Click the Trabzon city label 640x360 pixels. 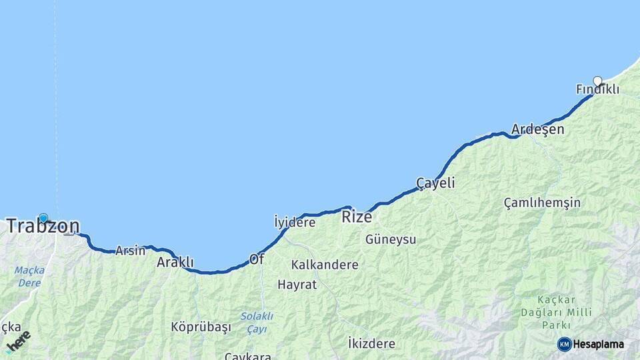point(43,227)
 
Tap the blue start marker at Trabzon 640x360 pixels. point(43,218)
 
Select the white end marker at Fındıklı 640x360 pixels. point(597,81)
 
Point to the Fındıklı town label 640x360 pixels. point(597,90)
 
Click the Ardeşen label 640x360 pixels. point(537,129)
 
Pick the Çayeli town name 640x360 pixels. point(435,183)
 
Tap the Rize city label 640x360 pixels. point(357,217)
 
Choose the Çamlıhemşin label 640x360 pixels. point(542,203)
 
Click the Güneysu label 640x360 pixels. point(391,239)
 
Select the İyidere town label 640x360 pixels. point(295,222)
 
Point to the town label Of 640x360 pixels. point(257,259)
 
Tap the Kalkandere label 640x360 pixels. point(325,265)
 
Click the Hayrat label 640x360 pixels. point(297,285)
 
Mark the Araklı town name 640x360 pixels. point(175,262)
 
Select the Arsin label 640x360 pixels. point(130,251)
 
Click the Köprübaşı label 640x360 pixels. point(201,327)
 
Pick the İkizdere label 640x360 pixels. point(371,344)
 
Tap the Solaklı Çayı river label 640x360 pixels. point(257,322)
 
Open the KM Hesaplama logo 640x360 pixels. point(591,344)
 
